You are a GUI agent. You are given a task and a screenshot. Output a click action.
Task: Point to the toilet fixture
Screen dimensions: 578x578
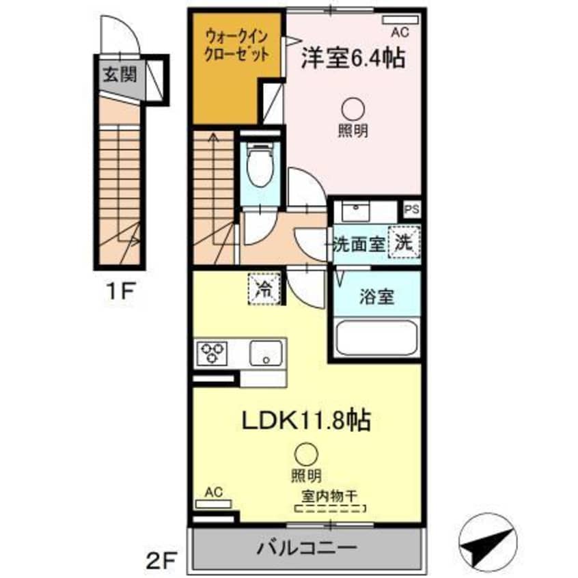click(x=260, y=167)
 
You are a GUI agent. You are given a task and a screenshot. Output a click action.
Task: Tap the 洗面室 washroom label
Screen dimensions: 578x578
click(x=360, y=243)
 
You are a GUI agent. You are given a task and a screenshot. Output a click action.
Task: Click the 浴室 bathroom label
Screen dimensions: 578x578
click(x=376, y=298)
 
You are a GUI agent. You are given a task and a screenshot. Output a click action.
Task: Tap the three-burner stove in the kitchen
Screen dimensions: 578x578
click(x=212, y=354)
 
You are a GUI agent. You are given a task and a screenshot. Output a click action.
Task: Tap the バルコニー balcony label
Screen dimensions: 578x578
click(x=307, y=547)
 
